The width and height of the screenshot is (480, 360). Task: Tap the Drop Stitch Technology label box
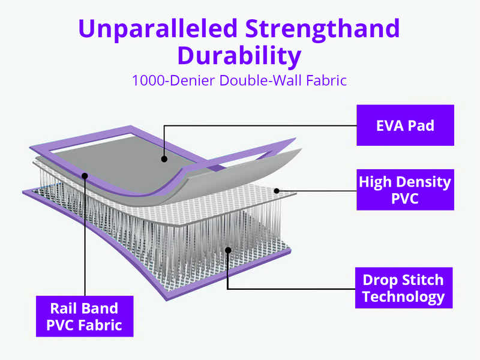[403, 288]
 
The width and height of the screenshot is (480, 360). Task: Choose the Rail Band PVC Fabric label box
[85, 317]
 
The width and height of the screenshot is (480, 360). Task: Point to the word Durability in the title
[239, 56]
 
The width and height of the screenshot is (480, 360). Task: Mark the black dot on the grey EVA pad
[164, 159]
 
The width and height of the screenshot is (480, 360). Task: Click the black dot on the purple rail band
[85, 176]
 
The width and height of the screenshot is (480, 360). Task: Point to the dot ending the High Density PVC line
[277, 191]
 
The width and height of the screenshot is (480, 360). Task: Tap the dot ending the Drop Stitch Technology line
[228, 250]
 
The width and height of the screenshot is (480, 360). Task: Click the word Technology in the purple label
[403, 296]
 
